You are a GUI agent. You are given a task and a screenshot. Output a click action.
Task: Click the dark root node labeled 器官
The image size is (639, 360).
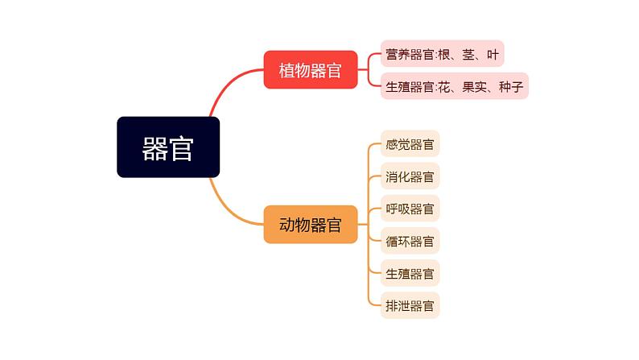pyautogui.click(x=168, y=147)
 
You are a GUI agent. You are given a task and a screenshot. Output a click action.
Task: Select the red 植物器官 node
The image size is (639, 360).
pyautogui.click(x=311, y=70)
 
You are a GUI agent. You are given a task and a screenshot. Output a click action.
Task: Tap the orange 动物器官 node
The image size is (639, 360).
pyautogui.click(x=311, y=225)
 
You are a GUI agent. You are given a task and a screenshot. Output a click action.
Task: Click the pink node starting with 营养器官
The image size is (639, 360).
pyautogui.click(x=442, y=54)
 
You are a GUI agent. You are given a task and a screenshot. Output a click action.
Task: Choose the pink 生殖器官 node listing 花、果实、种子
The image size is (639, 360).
pyautogui.click(x=454, y=86)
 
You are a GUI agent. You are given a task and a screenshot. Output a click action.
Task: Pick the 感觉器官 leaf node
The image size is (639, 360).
pyautogui.click(x=410, y=144)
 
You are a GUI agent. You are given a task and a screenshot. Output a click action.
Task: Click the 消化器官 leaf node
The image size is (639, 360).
pyautogui.click(x=410, y=176)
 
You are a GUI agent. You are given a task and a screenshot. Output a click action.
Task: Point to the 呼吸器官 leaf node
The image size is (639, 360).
pyautogui.click(x=410, y=209)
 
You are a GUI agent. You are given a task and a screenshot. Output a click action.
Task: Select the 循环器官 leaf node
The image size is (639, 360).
pyautogui.click(x=410, y=241)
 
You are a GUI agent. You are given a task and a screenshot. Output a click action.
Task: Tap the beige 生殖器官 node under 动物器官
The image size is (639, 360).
pyautogui.click(x=410, y=273)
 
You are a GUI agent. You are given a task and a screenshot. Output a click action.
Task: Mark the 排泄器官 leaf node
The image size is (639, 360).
pyautogui.click(x=410, y=305)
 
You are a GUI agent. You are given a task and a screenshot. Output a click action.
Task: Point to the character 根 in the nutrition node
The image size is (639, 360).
pyautogui.click(x=444, y=54)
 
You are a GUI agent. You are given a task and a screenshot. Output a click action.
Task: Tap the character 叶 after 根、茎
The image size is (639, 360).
pyautogui.click(x=493, y=54)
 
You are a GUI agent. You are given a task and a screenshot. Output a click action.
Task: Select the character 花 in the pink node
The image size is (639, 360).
pyautogui.click(x=444, y=86)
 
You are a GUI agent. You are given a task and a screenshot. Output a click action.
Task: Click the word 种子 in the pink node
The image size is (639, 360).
pyautogui.click(x=510, y=86)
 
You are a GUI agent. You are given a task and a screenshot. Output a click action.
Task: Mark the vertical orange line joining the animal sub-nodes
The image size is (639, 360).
pyautogui.click(x=369, y=225)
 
